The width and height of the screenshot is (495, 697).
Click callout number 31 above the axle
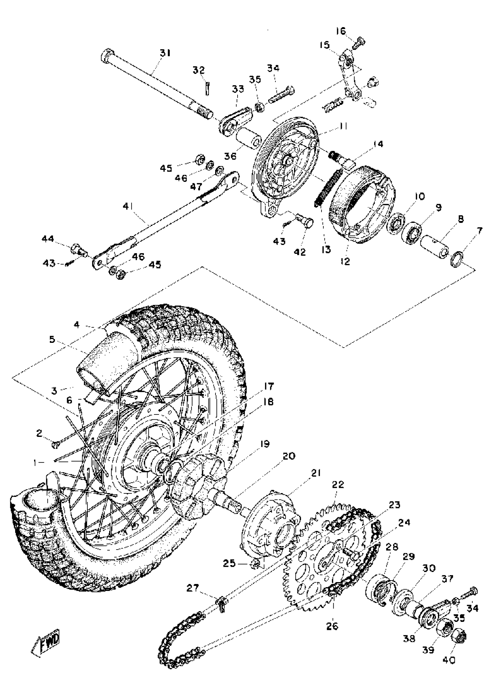[165, 53]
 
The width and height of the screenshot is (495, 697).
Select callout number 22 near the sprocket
[337, 484]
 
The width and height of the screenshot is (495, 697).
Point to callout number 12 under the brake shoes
[346, 261]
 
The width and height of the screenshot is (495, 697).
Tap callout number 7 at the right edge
[479, 231]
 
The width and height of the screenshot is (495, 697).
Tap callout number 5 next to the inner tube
[52, 339]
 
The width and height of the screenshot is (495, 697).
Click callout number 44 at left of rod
[47, 239]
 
